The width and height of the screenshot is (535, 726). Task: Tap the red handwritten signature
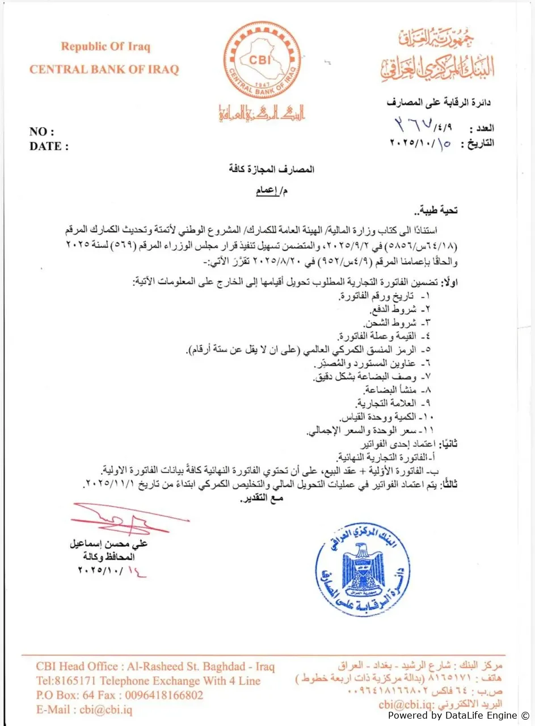click(x=128, y=518)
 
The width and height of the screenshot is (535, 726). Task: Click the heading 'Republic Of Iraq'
click(x=106, y=47)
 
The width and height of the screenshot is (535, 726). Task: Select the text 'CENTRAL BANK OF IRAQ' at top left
click(x=104, y=70)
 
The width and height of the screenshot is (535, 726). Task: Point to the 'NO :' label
click(x=42, y=132)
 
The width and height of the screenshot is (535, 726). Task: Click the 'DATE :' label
click(x=49, y=146)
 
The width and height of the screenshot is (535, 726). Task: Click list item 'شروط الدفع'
click(x=394, y=309)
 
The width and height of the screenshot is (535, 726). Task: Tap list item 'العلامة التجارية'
click(x=389, y=404)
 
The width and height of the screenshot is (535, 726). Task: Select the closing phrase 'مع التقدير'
click(x=261, y=498)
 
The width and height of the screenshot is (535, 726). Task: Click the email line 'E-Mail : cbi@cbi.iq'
click(x=84, y=710)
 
